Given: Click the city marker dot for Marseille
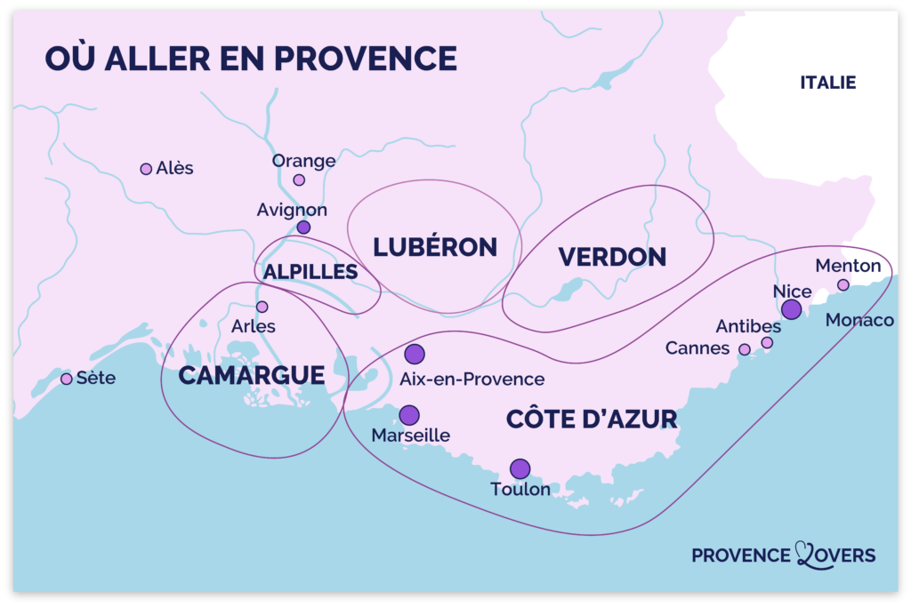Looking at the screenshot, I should tap(409, 415).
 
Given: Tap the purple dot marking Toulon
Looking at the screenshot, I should tap(520, 468).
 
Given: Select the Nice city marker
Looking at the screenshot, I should tap(791, 309).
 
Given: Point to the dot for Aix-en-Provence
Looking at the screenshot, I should tap(415, 355).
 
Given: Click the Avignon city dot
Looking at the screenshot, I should tap(303, 228).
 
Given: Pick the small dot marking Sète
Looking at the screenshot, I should tap(66, 379).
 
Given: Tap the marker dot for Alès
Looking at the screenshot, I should tap(146, 169).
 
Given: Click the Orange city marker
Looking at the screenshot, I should tap(299, 180).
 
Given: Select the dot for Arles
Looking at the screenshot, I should tap(262, 307).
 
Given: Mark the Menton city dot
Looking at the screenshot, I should tap(843, 284).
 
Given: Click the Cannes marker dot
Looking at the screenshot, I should tap(745, 349).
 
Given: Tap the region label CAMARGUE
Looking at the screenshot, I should tap(252, 376).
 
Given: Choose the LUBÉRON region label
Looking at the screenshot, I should tap(435, 247).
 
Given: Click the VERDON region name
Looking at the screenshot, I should tap(612, 257).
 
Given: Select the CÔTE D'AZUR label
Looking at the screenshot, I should tap(592, 419).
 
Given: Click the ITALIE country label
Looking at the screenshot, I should tap(827, 83).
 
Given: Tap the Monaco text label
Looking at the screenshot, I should tap(859, 320).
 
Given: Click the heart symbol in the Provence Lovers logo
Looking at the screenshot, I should tap(810, 554).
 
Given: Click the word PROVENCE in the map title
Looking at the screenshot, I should tap(365, 58).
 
